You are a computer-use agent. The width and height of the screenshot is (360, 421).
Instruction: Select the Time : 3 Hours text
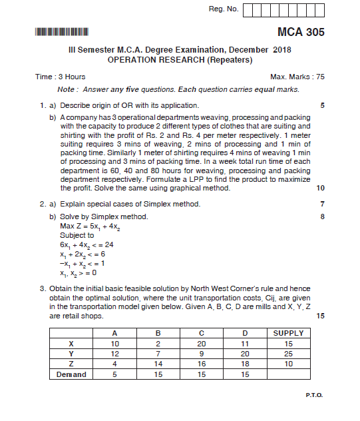click(60, 77)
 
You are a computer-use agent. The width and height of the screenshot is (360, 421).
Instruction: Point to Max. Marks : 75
click(297, 77)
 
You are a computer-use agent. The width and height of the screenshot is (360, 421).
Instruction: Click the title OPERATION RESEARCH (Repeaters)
click(180, 59)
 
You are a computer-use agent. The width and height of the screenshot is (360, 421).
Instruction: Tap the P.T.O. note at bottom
click(314, 395)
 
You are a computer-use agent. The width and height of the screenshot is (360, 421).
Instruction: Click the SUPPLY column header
click(288, 333)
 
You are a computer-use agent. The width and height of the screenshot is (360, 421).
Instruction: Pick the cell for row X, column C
click(201, 343)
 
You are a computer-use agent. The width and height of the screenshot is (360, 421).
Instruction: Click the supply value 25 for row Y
click(288, 354)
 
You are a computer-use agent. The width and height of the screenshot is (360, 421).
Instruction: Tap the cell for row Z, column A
click(115, 364)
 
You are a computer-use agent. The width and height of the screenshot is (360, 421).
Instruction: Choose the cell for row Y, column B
click(158, 354)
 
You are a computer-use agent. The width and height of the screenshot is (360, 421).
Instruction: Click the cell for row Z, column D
click(244, 364)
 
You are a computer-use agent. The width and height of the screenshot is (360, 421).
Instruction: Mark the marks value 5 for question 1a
click(322, 105)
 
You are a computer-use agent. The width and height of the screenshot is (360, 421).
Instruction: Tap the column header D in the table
click(244, 333)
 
